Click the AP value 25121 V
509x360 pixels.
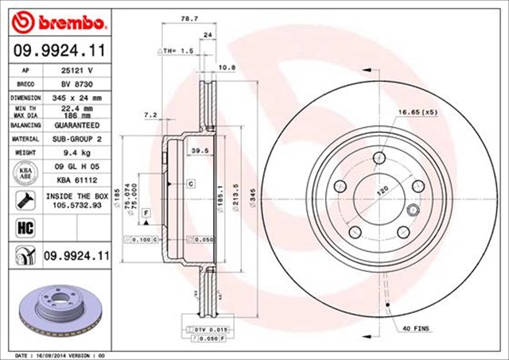(76, 70)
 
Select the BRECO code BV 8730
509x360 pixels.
(76, 83)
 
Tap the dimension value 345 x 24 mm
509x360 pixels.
(76, 97)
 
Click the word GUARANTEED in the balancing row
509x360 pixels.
(76, 126)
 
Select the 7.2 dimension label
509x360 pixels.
(149, 116)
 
